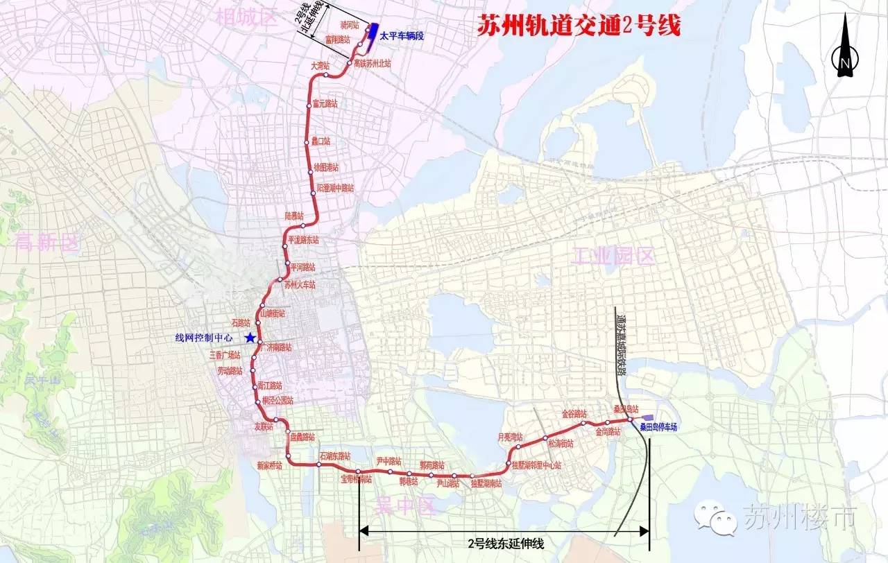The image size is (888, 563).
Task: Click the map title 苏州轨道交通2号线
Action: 579,27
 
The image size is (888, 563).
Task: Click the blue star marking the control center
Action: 249,338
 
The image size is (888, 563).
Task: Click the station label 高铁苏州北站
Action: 373,62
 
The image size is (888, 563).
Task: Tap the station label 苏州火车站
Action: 299,284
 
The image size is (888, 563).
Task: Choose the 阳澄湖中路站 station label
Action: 335,188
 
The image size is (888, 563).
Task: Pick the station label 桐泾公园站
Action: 277,401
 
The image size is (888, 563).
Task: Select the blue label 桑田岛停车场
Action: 658,428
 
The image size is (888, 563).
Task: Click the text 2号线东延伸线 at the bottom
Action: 506,544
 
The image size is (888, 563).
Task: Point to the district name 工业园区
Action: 614,257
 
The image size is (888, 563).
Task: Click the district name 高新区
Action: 47,242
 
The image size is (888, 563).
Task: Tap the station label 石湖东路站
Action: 335,456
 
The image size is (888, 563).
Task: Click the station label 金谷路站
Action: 575,414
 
